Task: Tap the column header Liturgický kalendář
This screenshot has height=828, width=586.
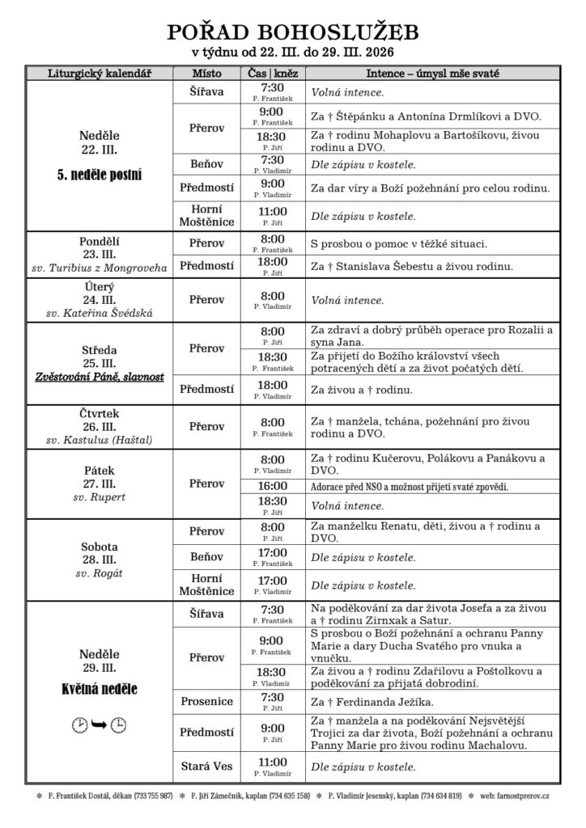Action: pyautogui.click(x=100, y=74)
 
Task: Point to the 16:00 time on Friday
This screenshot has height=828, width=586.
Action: pyautogui.click(x=273, y=486)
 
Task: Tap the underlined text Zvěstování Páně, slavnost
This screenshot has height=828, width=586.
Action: pyautogui.click(x=100, y=378)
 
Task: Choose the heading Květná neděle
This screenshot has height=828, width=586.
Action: pyautogui.click(x=100, y=690)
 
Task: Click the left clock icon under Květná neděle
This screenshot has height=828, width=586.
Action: pyautogui.click(x=79, y=724)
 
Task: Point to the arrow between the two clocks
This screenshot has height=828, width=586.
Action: pyautogui.click(x=100, y=724)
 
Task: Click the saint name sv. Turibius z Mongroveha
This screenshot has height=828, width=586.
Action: pyautogui.click(x=100, y=267)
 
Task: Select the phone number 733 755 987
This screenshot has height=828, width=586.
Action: pyautogui.click(x=153, y=796)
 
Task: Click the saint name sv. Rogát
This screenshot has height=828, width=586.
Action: pyautogui.click(x=100, y=573)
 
